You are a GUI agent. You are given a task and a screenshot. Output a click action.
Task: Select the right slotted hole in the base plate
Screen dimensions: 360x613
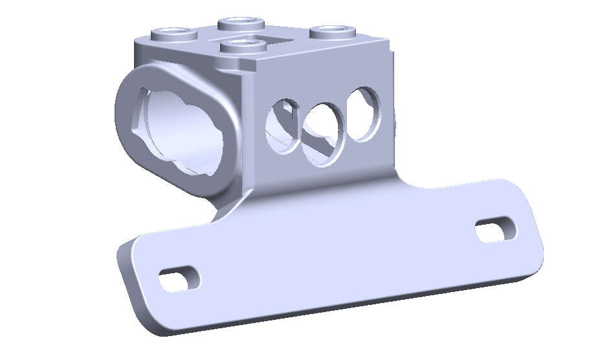[496, 230]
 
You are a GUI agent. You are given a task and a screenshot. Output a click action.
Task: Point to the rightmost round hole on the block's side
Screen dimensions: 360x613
[364, 114]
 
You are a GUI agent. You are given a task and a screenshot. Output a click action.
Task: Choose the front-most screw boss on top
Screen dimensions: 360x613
[243, 46]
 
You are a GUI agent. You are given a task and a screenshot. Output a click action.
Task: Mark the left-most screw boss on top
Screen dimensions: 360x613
[170, 32]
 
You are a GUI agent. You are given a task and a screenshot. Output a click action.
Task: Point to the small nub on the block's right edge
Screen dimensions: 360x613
[394, 120]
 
